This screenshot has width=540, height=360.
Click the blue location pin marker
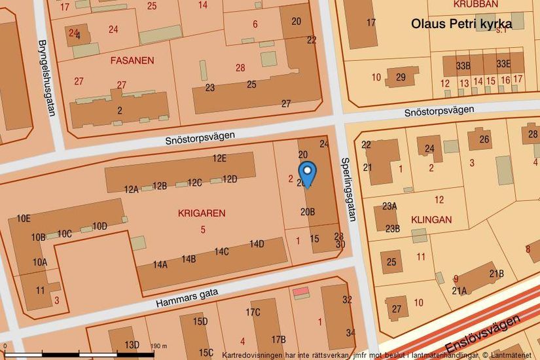pyautogui.click(x=307, y=171)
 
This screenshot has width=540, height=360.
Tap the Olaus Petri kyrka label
pyautogui.click(x=461, y=24)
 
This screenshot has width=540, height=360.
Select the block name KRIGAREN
pyautogui.click(x=201, y=213)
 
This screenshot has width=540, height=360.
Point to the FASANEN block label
pyautogui.click(x=132, y=60)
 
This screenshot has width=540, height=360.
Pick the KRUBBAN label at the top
pyautogui.click(x=475, y=4)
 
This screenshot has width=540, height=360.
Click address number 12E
pyautogui.click(x=219, y=158)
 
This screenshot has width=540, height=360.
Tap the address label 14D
pyautogui.click(x=256, y=244)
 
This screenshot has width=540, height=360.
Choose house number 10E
pyautogui.click(x=24, y=218)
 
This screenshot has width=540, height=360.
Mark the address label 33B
pyautogui.click(x=463, y=65)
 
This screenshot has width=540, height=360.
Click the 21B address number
pyautogui.click(x=497, y=274)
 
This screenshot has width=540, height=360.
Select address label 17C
pyautogui.click(x=253, y=312)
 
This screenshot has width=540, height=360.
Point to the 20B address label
pyautogui.click(x=308, y=211)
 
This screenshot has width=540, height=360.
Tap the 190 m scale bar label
pyautogui.click(x=160, y=346)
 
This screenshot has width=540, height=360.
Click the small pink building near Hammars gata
pyautogui.click(x=300, y=291)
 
